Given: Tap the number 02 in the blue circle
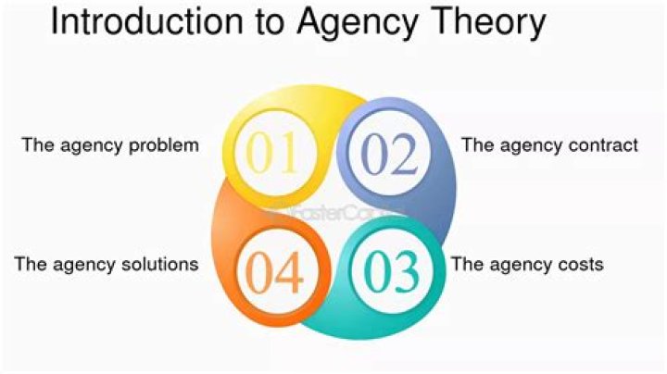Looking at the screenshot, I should pyautogui.click(x=389, y=155).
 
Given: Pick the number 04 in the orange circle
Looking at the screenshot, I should pyautogui.click(x=273, y=270).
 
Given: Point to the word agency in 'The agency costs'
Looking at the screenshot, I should pyautogui.click(x=521, y=265).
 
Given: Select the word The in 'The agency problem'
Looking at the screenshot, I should pyautogui.click(x=37, y=145).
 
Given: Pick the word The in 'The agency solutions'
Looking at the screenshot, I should pyautogui.click(x=30, y=264).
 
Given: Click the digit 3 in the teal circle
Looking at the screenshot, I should pyautogui.click(x=407, y=269).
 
